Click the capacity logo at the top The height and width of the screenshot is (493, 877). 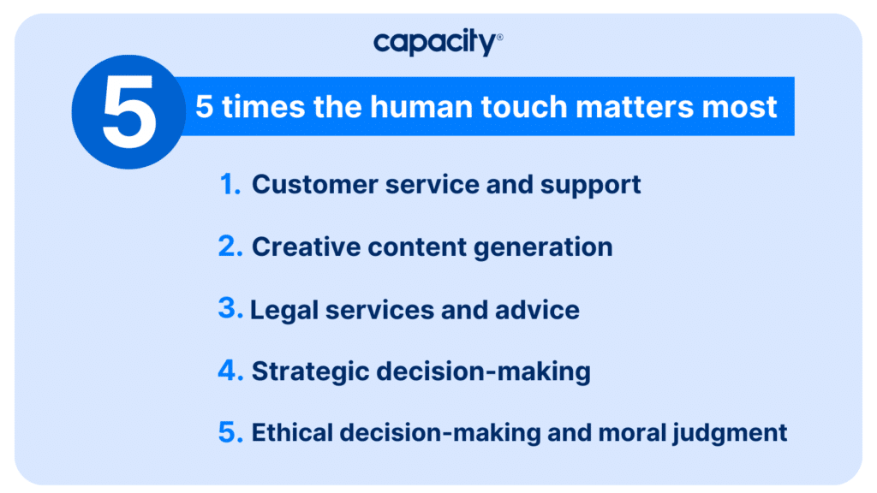pyautogui.click(x=438, y=43)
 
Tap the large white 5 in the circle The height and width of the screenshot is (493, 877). pyautogui.click(x=129, y=112)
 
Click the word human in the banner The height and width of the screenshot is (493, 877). pyautogui.click(x=421, y=106)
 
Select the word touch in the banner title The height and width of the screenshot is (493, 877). pyautogui.click(x=524, y=106)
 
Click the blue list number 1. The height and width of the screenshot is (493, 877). pyautogui.click(x=230, y=185)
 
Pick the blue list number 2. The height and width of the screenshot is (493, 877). pyautogui.click(x=230, y=246)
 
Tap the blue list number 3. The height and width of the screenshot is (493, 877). pyautogui.click(x=230, y=308)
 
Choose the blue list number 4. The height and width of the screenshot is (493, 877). pyautogui.click(x=230, y=371)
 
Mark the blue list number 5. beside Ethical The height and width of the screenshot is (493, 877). pyautogui.click(x=230, y=432)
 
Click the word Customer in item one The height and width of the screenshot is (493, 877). pyautogui.click(x=315, y=185)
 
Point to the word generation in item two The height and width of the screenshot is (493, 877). pyautogui.click(x=543, y=249)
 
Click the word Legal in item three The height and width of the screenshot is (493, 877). pyautogui.click(x=284, y=311)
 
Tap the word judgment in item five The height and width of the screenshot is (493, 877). pyautogui.click(x=730, y=434)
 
